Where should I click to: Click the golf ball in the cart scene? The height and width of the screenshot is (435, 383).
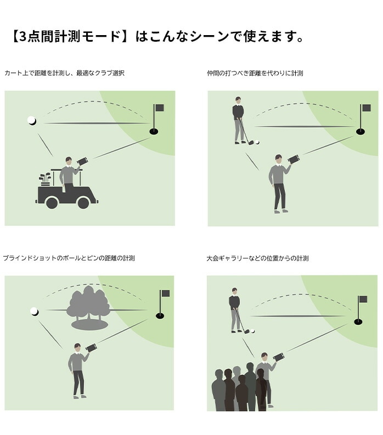click(x=32, y=120)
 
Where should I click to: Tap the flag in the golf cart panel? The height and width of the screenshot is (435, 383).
click(x=159, y=108)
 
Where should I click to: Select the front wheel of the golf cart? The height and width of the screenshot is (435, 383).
click(x=83, y=202)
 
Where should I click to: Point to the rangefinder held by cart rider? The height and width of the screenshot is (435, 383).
click(x=83, y=161)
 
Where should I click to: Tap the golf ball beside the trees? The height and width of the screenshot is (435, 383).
click(x=35, y=312)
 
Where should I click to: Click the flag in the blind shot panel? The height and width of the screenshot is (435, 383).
click(x=165, y=293)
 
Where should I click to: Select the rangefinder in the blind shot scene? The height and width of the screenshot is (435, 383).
click(x=92, y=347)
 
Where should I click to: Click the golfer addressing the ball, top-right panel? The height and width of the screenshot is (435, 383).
click(x=238, y=121)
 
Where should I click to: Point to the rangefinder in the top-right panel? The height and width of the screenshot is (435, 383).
click(x=294, y=160)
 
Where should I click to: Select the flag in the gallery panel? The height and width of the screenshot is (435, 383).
click(x=362, y=300)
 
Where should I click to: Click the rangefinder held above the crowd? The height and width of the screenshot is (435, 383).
click(x=279, y=357)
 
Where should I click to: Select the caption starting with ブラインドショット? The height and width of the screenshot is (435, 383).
click(x=69, y=258)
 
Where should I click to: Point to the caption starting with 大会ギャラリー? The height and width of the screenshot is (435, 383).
click(x=257, y=258)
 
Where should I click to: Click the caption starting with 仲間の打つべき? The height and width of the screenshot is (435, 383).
click(x=255, y=73)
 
